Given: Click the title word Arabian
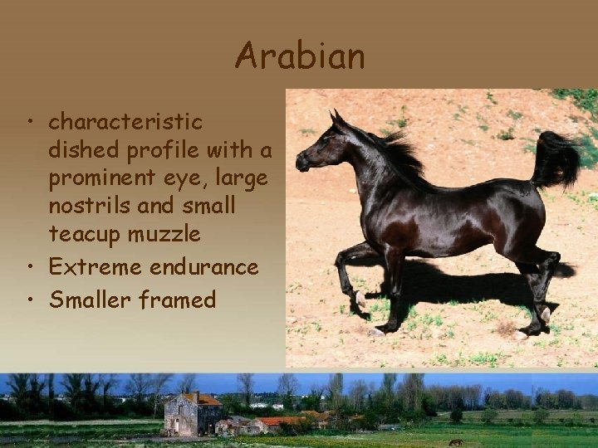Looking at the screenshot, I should [x=300, y=56].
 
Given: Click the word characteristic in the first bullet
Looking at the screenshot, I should [x=125, y=122].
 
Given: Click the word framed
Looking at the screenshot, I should [x=179, y=299].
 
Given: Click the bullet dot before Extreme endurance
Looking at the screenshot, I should [x=29, y=268].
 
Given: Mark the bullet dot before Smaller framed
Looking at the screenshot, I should [x=29, y=300].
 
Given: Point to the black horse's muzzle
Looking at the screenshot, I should [x=301, y=163].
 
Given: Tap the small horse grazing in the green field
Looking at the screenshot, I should [x=454, y=441].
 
